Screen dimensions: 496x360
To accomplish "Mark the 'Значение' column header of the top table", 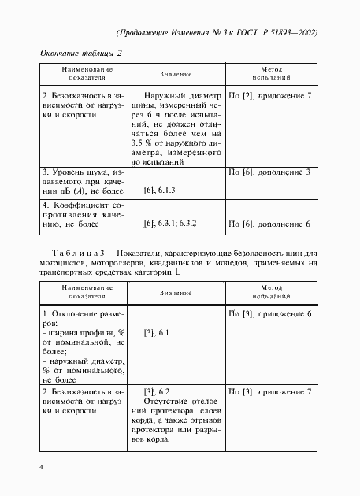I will tap(176, 74).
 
